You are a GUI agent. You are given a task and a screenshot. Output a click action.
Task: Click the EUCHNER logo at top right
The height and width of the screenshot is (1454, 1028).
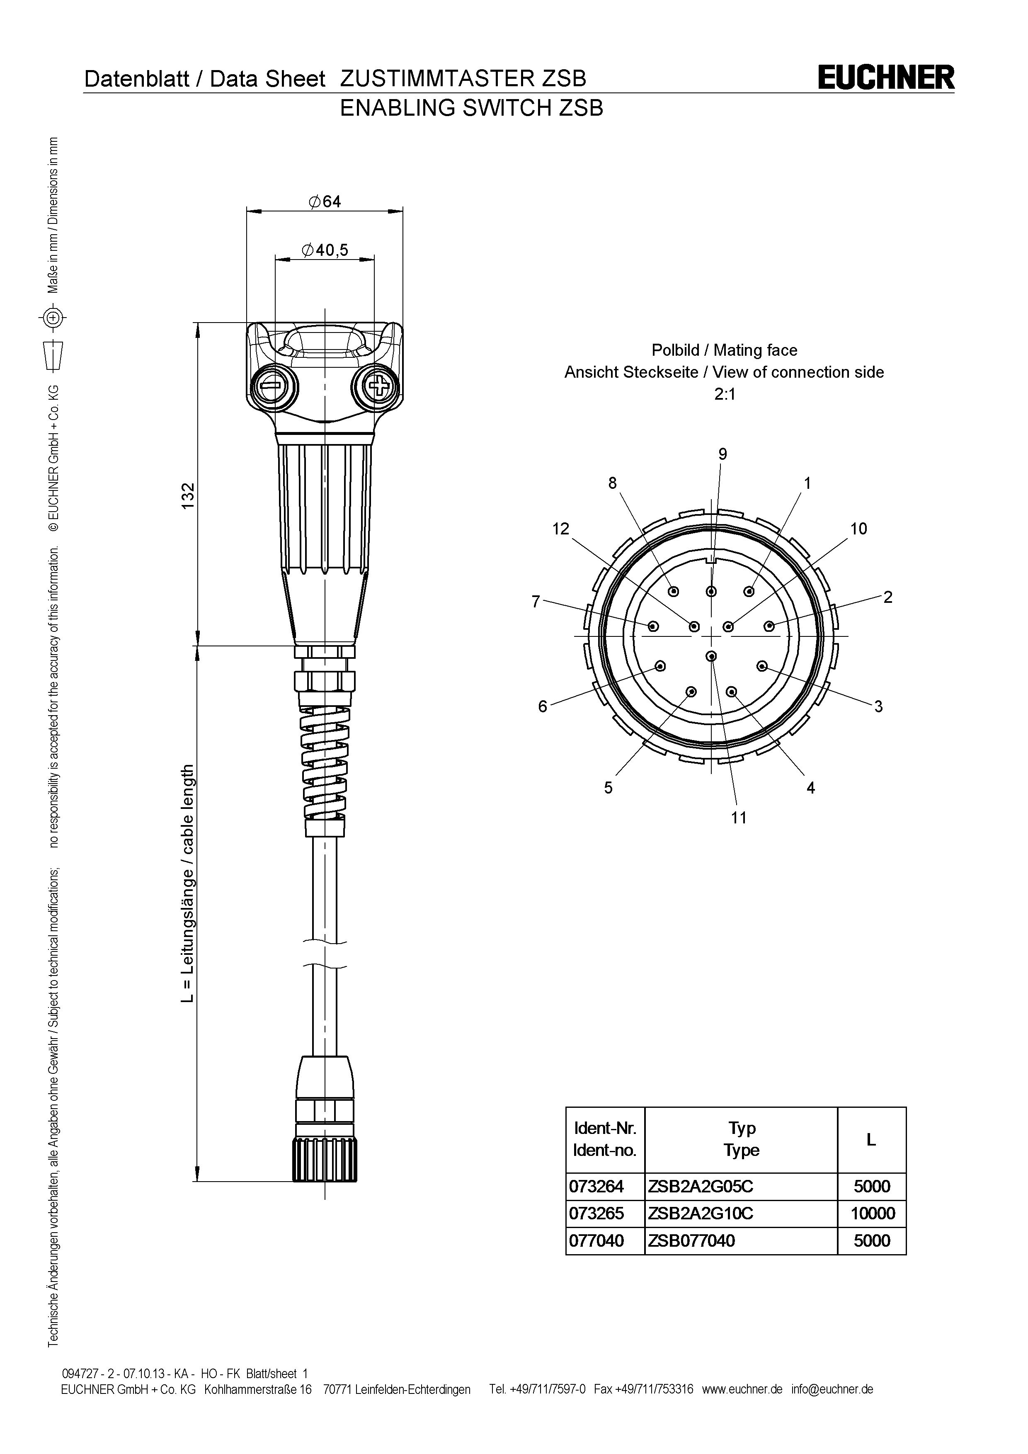[885, 78]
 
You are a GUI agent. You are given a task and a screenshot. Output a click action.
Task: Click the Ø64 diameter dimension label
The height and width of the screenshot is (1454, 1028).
[325, 201]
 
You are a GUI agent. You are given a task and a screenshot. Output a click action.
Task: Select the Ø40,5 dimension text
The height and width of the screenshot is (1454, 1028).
[325, 250]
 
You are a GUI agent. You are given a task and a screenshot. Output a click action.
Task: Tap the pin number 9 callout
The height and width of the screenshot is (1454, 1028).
[722, 454]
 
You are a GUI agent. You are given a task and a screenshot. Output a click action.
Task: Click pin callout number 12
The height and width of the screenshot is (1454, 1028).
[561, 528]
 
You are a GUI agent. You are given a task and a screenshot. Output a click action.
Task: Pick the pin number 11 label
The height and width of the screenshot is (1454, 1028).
[739, 818]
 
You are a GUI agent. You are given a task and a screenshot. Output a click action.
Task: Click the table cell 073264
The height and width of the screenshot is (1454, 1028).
[596, 1186]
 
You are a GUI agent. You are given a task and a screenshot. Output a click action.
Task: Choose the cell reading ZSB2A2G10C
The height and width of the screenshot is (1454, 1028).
[700, 1214]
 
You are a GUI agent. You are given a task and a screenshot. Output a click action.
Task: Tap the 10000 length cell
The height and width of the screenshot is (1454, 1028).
[872, 1214]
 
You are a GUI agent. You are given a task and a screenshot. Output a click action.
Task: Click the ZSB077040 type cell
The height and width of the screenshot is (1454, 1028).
[691, 1240]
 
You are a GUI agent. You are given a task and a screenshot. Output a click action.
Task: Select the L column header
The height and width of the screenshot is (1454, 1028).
[871, 1139]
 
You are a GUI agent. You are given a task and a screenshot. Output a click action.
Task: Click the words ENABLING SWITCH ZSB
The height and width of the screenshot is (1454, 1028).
[472, 108]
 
